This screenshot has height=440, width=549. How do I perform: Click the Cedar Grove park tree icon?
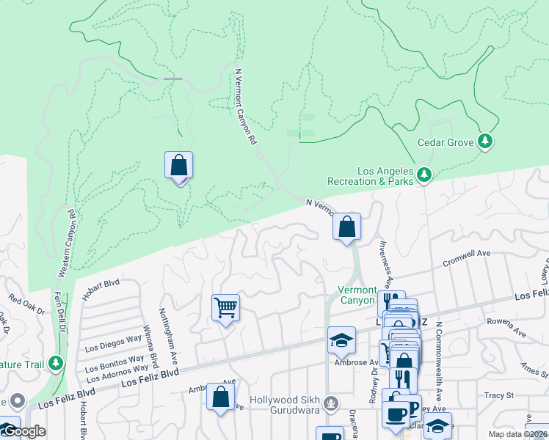pos(484,140)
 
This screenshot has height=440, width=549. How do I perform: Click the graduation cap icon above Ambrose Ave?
pos(341,340)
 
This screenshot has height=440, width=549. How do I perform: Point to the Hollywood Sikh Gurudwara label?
pos(287,401)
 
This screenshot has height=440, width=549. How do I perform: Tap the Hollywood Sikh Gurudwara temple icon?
pos(332,401)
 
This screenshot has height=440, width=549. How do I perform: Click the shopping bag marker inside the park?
pos(179,165)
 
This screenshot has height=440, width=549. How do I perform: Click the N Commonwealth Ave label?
pos(438,349)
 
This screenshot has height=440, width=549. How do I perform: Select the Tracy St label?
pos(500,395)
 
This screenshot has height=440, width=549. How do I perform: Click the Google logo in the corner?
pos(24,430)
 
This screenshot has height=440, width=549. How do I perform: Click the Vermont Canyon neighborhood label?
pos(357,295)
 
